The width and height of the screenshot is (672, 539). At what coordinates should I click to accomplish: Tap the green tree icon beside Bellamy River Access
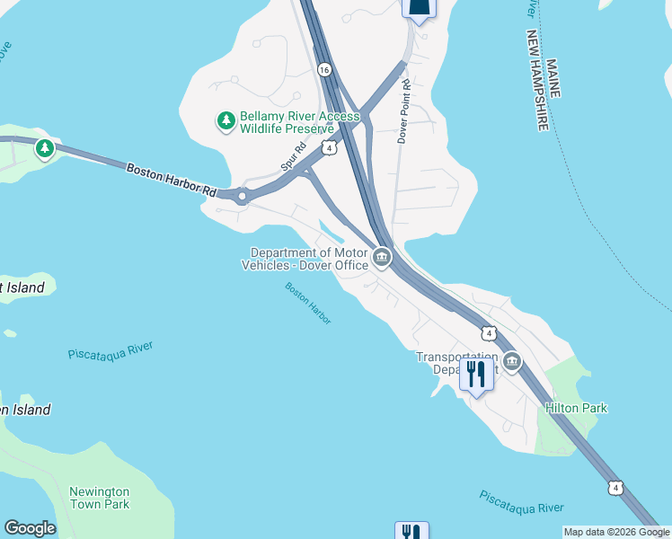[x=225, y=119]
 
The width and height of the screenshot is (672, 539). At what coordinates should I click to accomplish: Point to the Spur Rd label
[x=293, y=159]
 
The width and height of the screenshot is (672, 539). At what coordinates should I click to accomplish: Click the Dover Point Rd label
[x=404, y=111]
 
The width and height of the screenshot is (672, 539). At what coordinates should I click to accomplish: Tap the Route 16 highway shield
[x=324, y=69]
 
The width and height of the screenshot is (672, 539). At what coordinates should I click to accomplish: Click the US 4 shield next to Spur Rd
[x=331, y=147]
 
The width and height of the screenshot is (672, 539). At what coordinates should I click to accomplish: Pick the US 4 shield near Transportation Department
[x=489, y=333]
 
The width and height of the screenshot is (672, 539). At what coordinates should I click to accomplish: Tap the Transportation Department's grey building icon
[x=512, y=362]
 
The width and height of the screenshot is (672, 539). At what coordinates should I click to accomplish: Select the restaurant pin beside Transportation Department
[x=476, y=376]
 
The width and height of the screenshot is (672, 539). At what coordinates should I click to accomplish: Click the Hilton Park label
[x=576, y=408]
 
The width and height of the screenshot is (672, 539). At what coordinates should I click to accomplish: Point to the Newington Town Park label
[x=100, y=498]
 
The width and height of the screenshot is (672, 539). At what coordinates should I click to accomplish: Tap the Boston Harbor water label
[x=308, y=304]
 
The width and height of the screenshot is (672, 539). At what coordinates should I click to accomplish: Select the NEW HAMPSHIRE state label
[x=538, y=79]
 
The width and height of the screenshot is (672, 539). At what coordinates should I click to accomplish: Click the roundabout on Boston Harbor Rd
[x=242, y=196]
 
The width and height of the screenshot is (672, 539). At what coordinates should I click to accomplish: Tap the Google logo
[x=30, y=528]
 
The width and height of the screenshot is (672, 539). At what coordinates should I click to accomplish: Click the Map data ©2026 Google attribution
[x=616, y=532]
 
